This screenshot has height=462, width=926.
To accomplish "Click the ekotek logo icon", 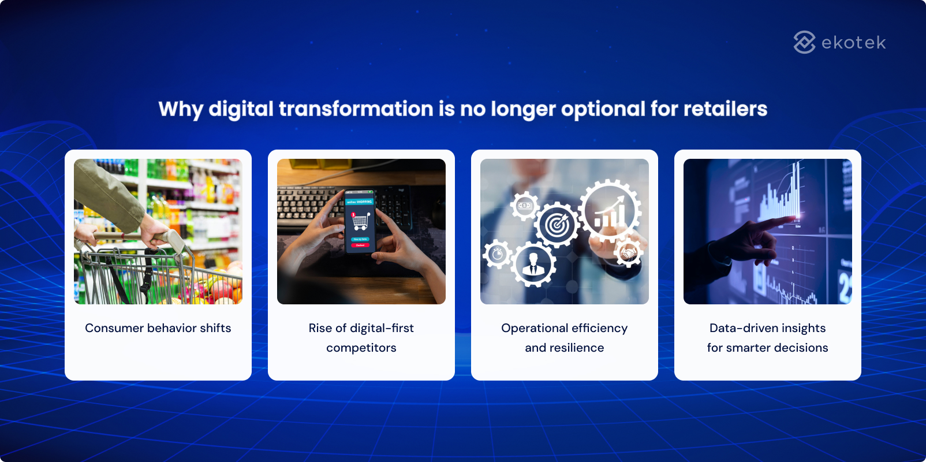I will point(804,42).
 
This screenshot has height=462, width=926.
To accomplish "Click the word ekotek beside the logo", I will point(853,43).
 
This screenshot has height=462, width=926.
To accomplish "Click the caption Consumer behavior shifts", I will point(158,328).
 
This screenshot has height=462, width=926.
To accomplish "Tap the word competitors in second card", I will point(361,348).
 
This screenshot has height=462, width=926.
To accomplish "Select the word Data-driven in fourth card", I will point(744,328).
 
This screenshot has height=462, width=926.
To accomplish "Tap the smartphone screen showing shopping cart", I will point(360,222).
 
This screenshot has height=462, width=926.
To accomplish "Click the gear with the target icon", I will point(557,225).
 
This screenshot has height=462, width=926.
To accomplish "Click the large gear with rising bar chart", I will point(610,211).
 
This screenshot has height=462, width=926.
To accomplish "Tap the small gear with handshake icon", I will point(628,253).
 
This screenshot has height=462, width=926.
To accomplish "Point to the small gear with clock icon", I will point(497,254).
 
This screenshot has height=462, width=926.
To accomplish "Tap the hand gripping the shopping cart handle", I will point(154,234).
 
